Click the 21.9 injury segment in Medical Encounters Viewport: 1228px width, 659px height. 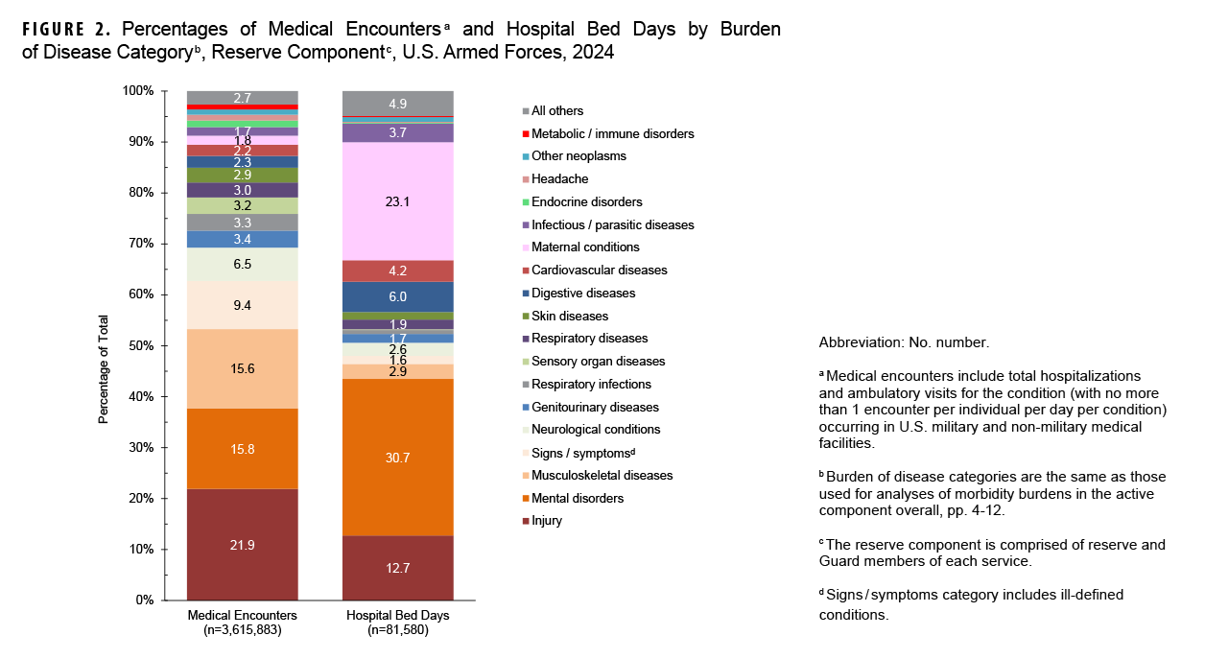tap(242, 544)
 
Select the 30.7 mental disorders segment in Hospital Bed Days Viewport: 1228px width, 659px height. tap(398, 458)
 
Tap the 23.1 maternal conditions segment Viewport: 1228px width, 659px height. tap(398, 201)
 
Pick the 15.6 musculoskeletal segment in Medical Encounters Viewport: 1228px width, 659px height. tap(242, 368)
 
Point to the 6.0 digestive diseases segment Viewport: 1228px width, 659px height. tap(398, 296)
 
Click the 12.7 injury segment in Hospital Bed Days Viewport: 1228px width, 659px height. tap(398, 568)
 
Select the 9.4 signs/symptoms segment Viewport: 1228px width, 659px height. tap(242, 306)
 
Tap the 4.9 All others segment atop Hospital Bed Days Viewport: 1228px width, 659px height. tap(398, 103)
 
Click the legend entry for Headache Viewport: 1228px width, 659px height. tap(559, 179)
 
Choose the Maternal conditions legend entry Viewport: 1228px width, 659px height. tap(585, 247)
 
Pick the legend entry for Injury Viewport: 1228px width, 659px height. tap(547, 521)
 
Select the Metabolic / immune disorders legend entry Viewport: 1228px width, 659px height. tap(612, 133)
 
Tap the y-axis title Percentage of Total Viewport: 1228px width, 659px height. tap(104, 369)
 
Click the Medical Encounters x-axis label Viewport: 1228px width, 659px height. tap(242, 615)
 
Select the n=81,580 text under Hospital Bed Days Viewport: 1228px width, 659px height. tap(398, 631)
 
